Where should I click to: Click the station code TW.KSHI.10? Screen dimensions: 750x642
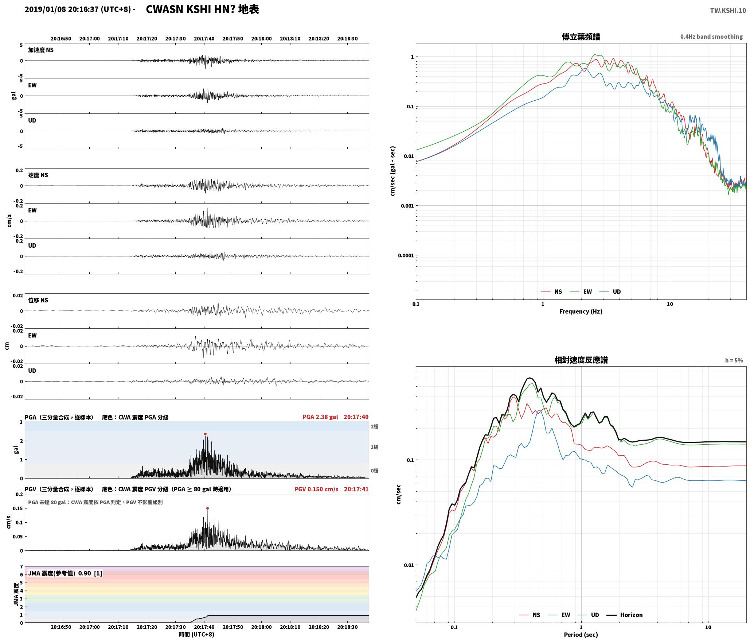click(x=728, y=11)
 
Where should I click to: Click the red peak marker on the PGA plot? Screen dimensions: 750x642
click(x=205, y=434)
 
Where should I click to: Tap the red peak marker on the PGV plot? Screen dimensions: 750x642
click(x=207, y=508)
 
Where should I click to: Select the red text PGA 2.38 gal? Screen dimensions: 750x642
click(x=320, y=417)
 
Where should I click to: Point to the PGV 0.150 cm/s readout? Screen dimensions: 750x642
click(x=316, y=489)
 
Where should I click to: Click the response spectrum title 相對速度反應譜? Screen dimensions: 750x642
click(x=581, y=360)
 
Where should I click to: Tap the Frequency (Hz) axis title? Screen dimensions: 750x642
click(x=581, y=312)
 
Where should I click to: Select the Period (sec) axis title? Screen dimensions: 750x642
click(x=581, y=635)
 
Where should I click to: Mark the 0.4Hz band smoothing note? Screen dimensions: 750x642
click(x=711, y=37)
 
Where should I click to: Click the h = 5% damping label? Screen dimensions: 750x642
click(x=734, y=360)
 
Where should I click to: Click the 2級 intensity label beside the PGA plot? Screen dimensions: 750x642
click(x=375, y=427)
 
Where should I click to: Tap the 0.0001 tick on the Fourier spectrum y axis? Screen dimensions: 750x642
click(x=406, y=255)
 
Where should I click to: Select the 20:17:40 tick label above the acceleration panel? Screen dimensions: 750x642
click(x=204, y=39)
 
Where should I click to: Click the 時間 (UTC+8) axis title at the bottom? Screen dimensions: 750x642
click(x=196, y=634)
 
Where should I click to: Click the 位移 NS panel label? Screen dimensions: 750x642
click(x=38, y=300)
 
